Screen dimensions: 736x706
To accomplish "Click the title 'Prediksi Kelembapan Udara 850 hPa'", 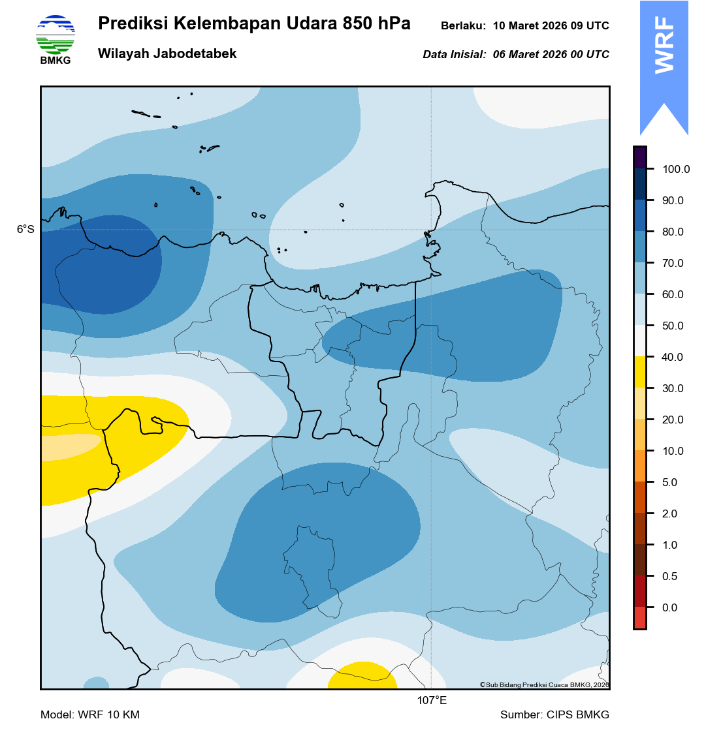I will pos(254,24).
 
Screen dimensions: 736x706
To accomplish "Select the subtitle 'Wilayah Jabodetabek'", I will pos(167,54).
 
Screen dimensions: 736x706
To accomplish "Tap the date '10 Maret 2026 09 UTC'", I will pos(551,26).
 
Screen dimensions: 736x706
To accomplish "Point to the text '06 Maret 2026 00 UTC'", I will pos(551,55).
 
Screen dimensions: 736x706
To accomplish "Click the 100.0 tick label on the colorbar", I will pos(676,170).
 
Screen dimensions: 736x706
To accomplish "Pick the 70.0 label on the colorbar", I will pos(673,264).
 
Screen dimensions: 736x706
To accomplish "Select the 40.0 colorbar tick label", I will pos(673,358).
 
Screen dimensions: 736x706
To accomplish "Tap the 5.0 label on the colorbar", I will pos(670,483).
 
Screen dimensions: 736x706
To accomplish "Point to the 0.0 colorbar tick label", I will pos(670,608).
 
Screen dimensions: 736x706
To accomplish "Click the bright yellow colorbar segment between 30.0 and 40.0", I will pos(640,373).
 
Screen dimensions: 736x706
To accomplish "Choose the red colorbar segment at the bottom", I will pos(640,618).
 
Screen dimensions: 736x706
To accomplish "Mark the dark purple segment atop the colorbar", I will pos(640,157).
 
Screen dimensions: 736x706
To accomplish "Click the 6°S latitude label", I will pos(25,230).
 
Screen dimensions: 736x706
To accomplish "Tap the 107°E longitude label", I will pos(432,701).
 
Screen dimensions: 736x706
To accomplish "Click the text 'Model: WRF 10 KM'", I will pos(90,715).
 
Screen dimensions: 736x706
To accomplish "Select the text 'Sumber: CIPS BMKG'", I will pos(554,715).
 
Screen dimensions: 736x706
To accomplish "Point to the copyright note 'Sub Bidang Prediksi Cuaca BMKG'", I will pos(544,684).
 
